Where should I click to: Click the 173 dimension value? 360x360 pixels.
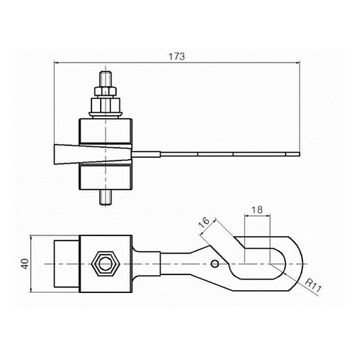[176, 57]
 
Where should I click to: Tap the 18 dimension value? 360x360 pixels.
[257, 210]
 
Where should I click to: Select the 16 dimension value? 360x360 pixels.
[204, 223]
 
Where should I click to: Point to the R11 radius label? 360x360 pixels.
[312, 286]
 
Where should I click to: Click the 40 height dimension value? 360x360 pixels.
[25, 264]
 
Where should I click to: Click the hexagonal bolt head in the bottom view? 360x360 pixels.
[105, 264]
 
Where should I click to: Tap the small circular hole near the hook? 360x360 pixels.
[215, 264]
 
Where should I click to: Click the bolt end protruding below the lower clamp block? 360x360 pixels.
[106, 197]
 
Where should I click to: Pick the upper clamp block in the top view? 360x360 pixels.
[106, 130]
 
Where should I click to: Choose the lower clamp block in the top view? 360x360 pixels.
[106, 178]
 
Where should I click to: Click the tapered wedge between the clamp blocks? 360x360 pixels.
[93, 154]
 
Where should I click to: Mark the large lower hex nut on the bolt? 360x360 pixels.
[106, 105]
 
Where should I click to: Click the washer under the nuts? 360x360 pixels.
[106, 115]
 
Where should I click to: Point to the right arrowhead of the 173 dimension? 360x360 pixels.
[298, 63]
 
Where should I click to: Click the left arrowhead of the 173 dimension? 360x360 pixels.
[56, 63]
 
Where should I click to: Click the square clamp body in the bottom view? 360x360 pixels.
[106, 264]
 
